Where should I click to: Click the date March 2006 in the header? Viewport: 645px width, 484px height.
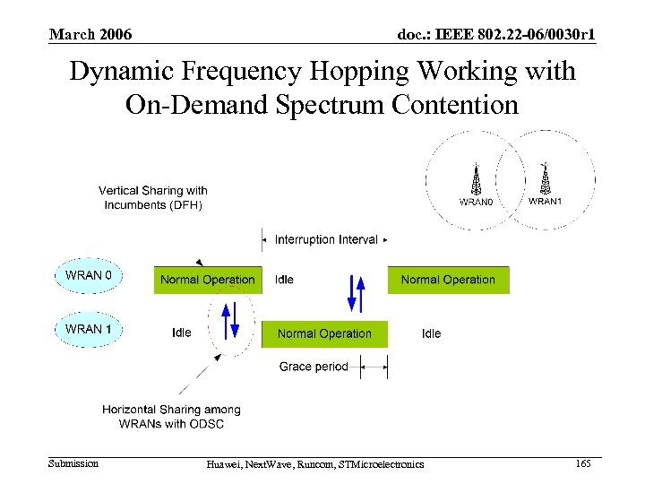click(90, 34)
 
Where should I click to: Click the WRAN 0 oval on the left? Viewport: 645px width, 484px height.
click(89, 275)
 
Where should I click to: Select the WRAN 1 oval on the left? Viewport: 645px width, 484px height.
click(89, 329)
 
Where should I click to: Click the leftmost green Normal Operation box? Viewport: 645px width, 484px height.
click(208, 280)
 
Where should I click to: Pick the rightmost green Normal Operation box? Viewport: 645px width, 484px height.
click(448, 280)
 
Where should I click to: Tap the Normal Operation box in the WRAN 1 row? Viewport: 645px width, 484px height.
click(324, 333)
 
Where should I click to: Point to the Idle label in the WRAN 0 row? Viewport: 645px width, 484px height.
click(284, 280)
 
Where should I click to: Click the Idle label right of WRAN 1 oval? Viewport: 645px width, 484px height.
click(182, 333)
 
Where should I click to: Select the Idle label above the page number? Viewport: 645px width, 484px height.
click(431, 333)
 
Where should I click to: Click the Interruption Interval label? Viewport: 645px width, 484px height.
click(326, 239)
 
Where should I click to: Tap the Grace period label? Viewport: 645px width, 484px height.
click(314, 367)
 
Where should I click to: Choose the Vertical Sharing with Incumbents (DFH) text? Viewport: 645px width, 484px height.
click(153, 197)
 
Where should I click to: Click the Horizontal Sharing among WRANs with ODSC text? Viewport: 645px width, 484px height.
click(171, 416)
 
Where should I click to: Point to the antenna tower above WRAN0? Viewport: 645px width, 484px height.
click(477, 179)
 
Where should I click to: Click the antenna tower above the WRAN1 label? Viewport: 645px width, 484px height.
click(544, 177)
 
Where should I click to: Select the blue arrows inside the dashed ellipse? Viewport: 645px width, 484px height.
click(230, 319)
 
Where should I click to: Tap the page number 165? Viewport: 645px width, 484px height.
click(583, 463)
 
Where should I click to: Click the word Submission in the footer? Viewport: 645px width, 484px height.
click(73, 463)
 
